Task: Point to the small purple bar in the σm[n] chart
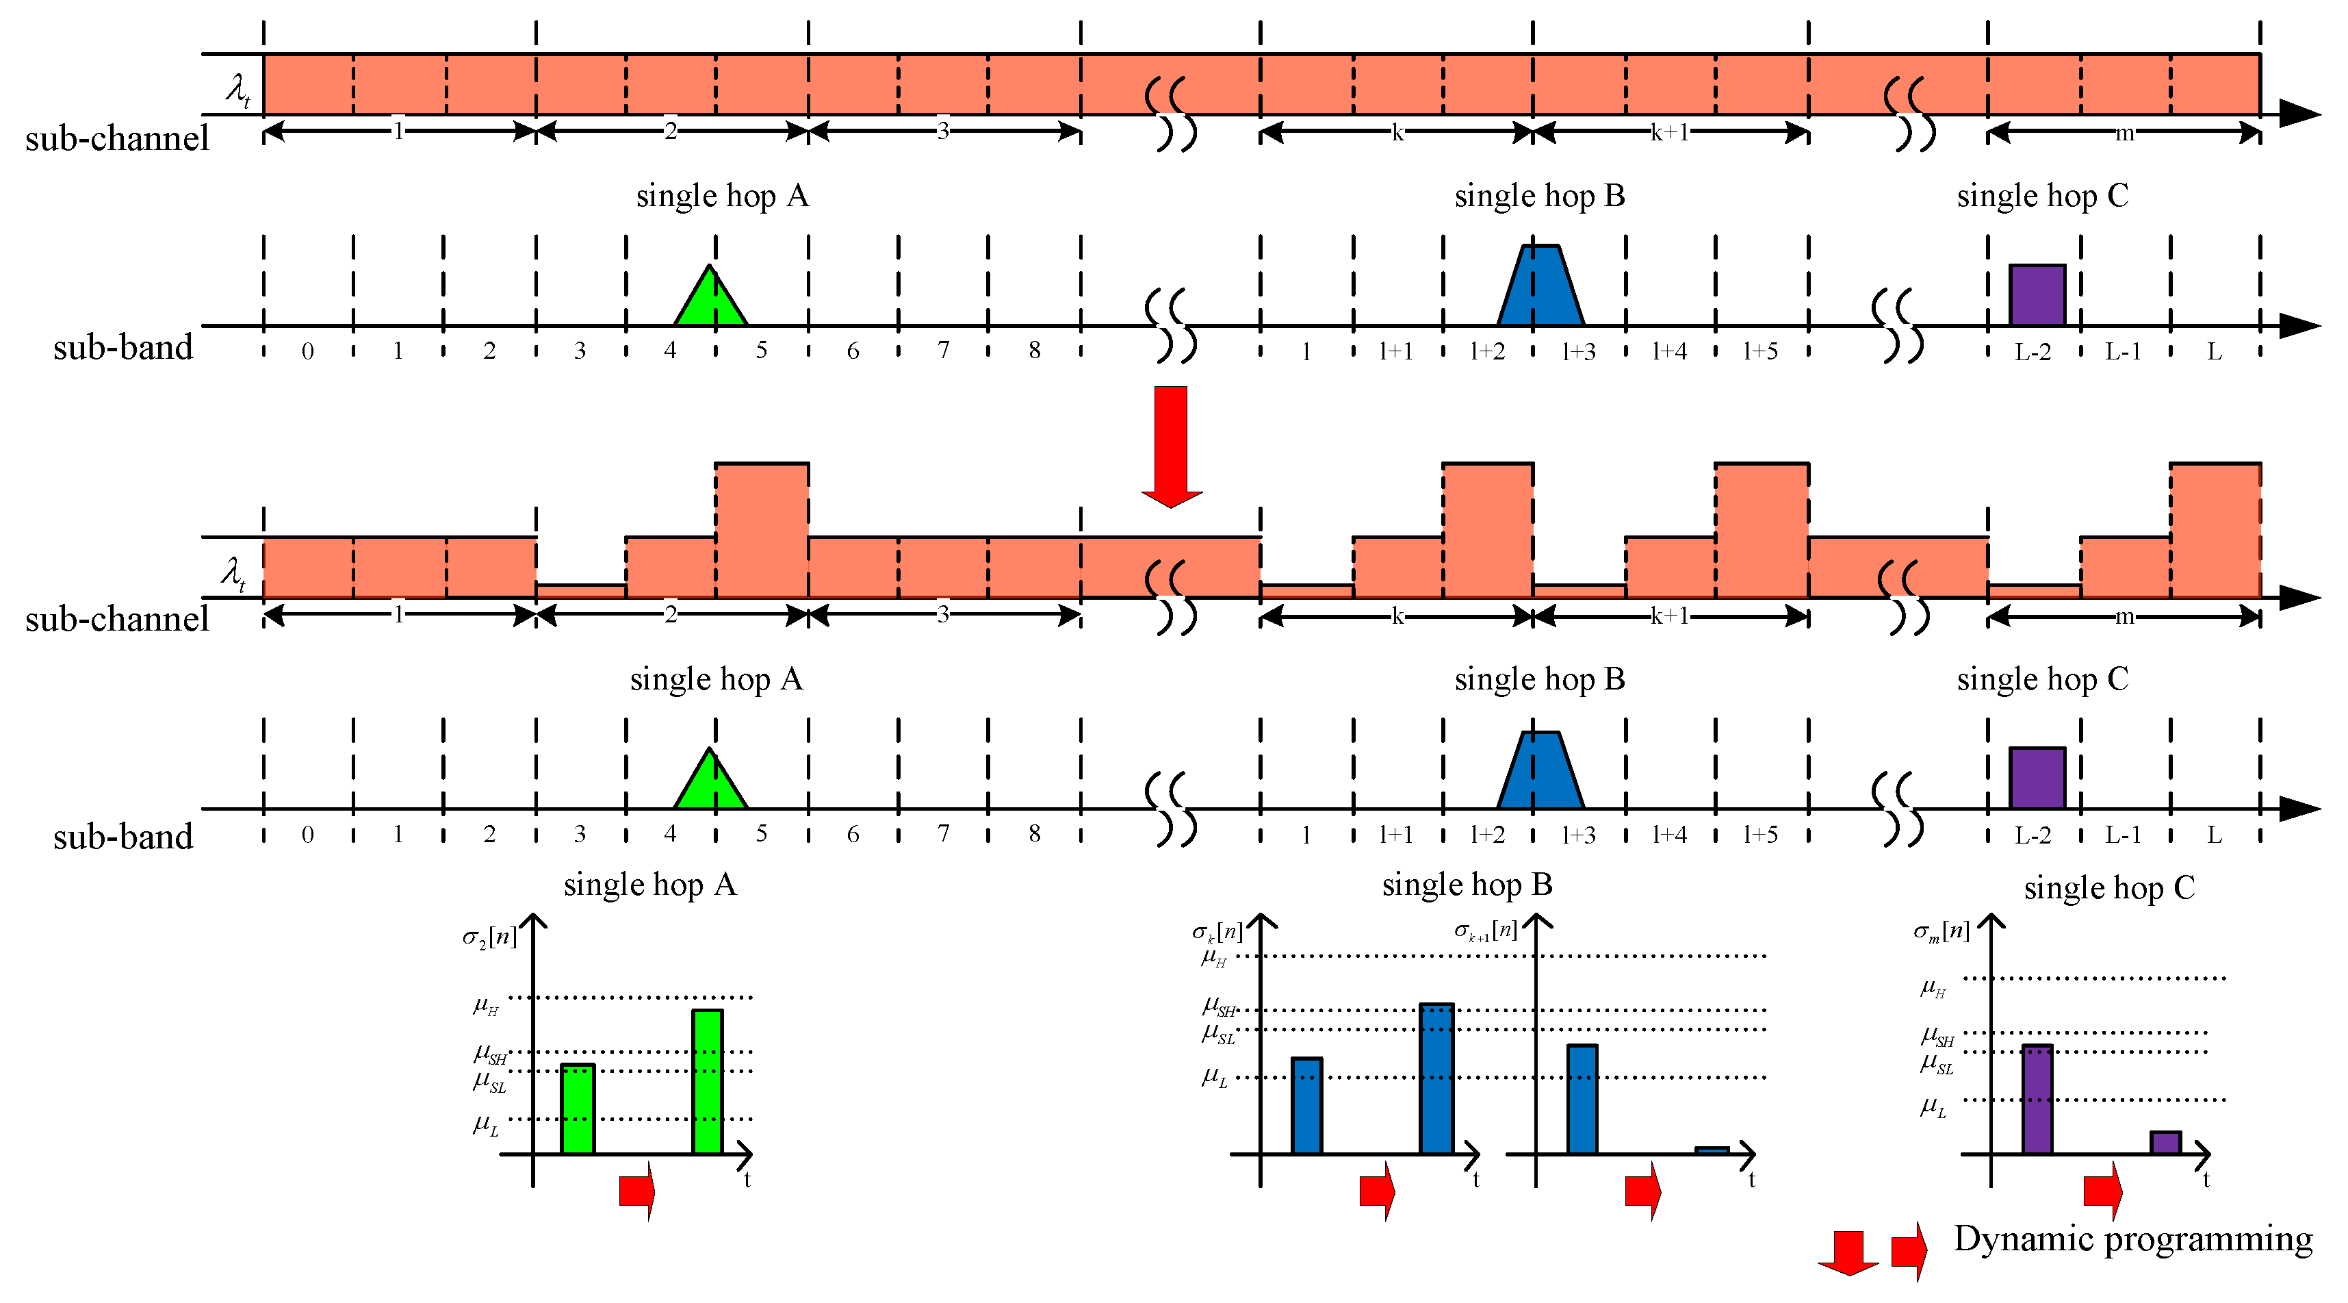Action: point(2166,1143)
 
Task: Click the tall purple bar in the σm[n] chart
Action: point(2037,1099)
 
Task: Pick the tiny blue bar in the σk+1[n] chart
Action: point(1712,1150)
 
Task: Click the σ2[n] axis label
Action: point(489,937)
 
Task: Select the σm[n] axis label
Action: point(1941,931)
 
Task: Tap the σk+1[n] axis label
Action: point(1485,931)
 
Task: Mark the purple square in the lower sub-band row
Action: point(2037,777)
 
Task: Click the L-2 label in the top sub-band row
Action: point(2032,352)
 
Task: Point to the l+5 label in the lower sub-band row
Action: point(1760,835)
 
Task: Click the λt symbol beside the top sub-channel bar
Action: point(238,90)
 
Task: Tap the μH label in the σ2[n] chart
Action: point(486,1006)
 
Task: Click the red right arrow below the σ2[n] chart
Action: point(637,1190)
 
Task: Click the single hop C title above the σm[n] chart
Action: point(2109,888)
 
